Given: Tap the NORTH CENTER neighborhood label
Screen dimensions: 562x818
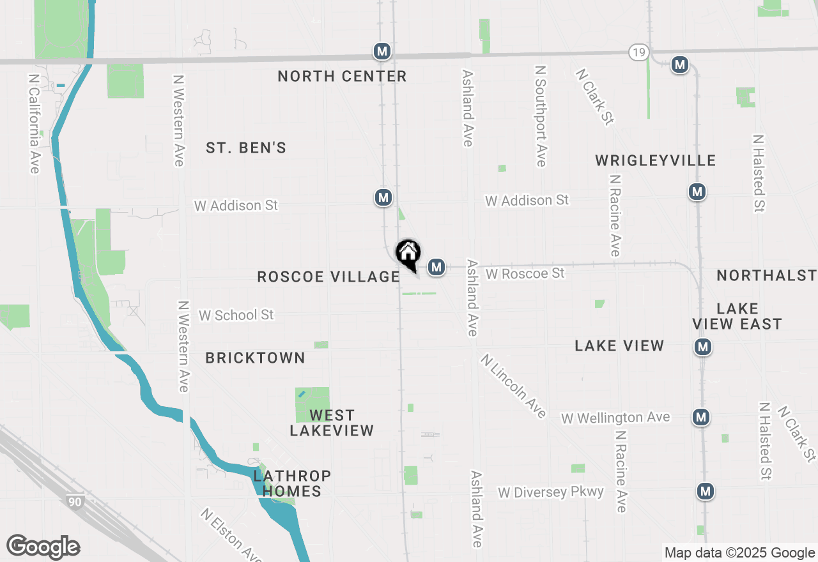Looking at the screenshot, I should (x=342, y=77).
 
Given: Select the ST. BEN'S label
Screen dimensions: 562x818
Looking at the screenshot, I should (x=246, y=148).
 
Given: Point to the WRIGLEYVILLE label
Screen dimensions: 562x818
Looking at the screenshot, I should (x=656, y=160).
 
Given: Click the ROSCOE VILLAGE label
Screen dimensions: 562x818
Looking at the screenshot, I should (x=328, y=277).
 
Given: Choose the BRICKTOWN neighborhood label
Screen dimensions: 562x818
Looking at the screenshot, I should (x=255, y=358).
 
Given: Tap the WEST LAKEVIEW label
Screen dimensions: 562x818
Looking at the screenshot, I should (x=332, y=423).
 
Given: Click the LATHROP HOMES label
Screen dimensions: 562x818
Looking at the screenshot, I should (x=292, y=483).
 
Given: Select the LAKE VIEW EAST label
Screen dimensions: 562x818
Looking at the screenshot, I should (x=737, y=316).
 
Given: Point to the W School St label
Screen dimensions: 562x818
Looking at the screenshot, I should (x=236, y=315).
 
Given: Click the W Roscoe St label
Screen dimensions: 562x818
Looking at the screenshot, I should (x=525, y=274).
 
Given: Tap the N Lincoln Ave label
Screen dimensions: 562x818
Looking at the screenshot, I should (x=514, y=386).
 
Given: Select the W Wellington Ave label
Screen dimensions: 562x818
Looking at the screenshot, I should (x=615, y=418).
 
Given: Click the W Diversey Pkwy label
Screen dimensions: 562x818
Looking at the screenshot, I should (x=551, y=492).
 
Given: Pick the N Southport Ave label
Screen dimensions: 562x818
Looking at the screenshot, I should (x=541, y=116).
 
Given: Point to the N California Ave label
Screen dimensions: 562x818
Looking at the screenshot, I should (x=34, y=123).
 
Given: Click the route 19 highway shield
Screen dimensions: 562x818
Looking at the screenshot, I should (x=639, y=52).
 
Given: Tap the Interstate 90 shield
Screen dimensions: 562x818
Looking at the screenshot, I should (x=75, y=501).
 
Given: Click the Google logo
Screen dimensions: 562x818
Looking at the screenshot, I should (x=43, y=547).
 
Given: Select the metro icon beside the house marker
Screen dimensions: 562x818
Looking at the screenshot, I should (x=436, y=266).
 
